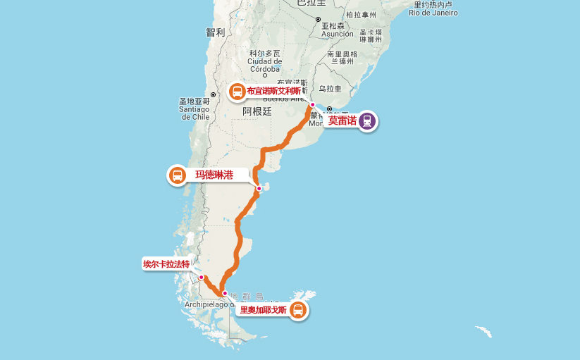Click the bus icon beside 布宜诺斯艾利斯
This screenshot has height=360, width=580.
pos(237,92)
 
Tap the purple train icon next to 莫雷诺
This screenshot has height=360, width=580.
pos(366,121)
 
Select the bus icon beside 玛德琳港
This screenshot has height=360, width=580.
pos(178,175)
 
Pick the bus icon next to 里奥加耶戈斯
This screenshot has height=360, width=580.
pos(298,310)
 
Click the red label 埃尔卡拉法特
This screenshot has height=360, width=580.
pos(166,264)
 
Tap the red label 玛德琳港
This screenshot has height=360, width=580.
pos(214,175)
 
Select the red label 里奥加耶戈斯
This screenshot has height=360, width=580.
pos(264,310)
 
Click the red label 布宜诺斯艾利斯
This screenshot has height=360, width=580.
pos(273,91)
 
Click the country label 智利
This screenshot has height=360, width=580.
pos(215,32)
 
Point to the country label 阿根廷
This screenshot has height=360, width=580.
pos(257,111)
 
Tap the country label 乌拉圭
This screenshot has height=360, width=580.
pos(330,89)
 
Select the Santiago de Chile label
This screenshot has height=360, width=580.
pos(194,109)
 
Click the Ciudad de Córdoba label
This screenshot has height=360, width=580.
pos(264,61)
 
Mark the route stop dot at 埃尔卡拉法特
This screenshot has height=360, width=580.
pos(201,278)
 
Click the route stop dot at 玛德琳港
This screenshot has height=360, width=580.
pos(259,188)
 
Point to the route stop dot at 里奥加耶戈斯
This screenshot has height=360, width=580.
pos(225,293)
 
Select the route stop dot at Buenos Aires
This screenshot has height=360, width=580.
pos(312,105)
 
